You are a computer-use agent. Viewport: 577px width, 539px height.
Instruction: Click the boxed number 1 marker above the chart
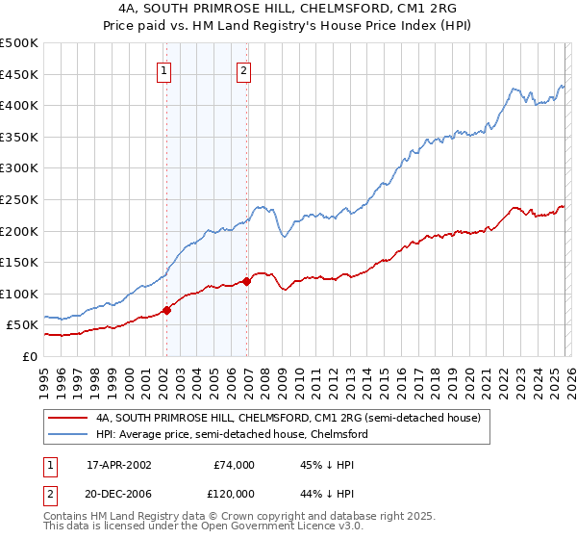tap(165, 69)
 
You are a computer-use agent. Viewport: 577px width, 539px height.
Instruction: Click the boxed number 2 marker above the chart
tap(244, 69)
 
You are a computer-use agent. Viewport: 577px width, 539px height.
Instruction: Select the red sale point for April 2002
tap(166, 310)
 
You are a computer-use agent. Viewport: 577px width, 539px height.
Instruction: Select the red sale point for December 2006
tap(246, 281)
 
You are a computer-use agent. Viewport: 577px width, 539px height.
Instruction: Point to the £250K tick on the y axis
tap(19, 199)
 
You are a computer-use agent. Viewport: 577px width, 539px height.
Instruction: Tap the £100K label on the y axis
tap(19, 294)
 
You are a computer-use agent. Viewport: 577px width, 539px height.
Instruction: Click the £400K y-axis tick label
tap(19, 105)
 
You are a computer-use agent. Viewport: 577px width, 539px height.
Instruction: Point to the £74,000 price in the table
tap(234, 465)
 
